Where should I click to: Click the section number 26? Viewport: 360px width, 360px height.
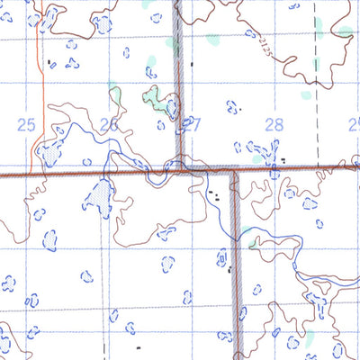(x=110, y=125)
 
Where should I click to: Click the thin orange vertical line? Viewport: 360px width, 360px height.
(x=42, y=90)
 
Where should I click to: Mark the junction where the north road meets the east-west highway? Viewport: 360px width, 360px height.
(x=181, y=168)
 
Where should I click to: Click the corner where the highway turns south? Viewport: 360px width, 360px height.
(x=236, y=170)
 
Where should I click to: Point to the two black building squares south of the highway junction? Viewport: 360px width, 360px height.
(x=212, y=193)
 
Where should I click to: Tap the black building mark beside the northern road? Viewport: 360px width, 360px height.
(x=193, y=64)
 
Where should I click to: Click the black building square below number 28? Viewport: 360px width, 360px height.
(x=283, y=160)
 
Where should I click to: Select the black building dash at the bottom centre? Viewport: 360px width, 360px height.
(x=139, y=346)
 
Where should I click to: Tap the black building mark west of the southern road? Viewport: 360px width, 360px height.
(x=229, y=268)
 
